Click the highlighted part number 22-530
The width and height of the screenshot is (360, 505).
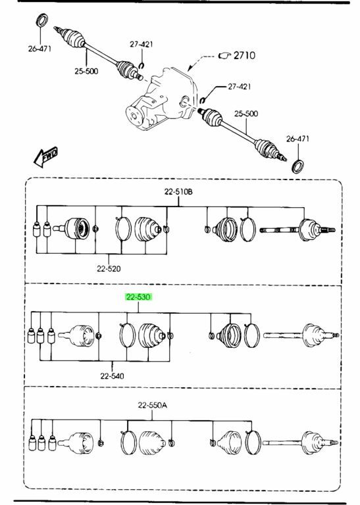[138, 297]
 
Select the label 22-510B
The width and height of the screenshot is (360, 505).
[178, 192]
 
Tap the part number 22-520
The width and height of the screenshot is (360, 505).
[109, 268]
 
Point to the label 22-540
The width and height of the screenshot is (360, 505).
[112, 376]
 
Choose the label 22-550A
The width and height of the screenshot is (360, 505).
[153, 405]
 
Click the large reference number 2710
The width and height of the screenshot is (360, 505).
[244, 55]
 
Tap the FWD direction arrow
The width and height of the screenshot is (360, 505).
[45, 157]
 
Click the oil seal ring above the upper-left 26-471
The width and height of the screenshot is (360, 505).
[41, 20]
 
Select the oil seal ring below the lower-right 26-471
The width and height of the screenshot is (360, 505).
[298, 166]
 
